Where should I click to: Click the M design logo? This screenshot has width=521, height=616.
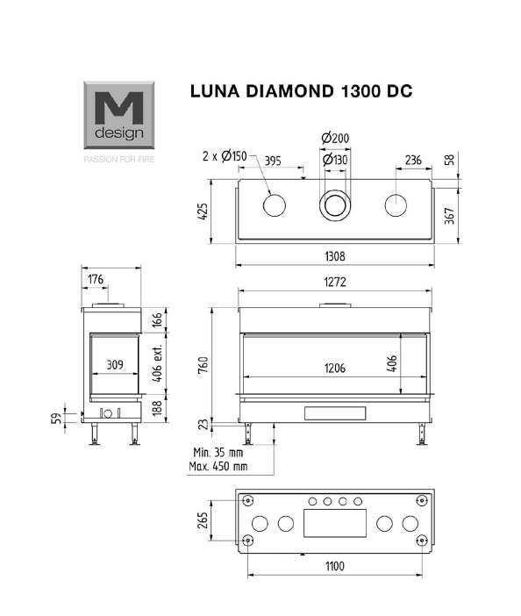[x=119, y=115]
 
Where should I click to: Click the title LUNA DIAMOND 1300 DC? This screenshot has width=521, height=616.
[x=301, y=91]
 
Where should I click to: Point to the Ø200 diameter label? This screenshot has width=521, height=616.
[x=335, y=139]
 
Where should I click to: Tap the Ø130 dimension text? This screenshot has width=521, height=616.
[x=335, y=160]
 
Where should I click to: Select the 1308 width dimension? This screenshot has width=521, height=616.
[x=335, y=256]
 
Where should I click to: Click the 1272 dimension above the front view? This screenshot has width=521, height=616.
[x=335, y=282]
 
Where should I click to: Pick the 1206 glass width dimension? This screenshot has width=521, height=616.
[x=335, y=368]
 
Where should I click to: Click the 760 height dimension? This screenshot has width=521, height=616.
[x=203, y=365]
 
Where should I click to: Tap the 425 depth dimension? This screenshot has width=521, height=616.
[x=203, y=211]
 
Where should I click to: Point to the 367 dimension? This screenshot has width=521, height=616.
[x=450, y=216]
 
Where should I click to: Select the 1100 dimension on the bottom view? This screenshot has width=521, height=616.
[x=335, y=566]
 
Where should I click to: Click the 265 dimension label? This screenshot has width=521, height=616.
[x=203, y=520]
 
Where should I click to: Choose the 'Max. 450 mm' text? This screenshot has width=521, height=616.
[x=218, y=466]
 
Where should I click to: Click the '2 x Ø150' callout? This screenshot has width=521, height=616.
[x=225, y=156]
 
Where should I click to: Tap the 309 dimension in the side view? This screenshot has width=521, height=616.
[x=115, y=364]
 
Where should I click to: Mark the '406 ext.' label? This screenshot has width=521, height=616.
[x=157, y=363]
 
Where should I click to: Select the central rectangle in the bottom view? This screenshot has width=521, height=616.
[x=335, y=523]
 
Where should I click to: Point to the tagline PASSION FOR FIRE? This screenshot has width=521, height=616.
[x=119, y=159]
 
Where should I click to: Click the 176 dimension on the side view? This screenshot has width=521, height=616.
[x=96, y=279]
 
